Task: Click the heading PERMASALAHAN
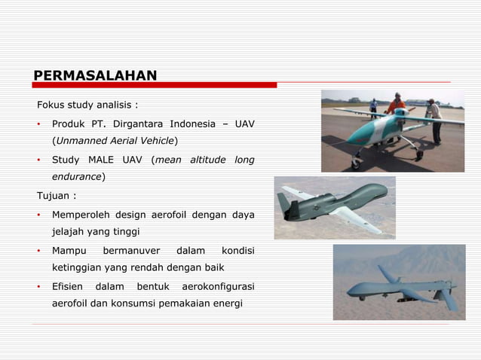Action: point(95,75)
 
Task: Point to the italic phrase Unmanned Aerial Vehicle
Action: point(113,141)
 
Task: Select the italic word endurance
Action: point(76,177)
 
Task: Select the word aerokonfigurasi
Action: point(219,287)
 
